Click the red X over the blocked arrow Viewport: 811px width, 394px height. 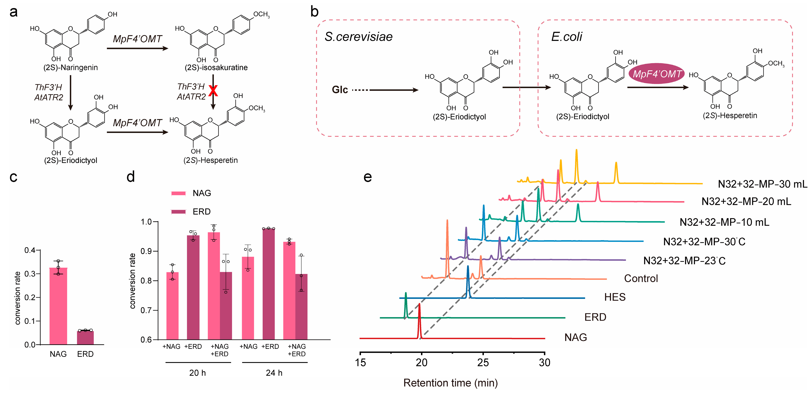click(x=213, y=91)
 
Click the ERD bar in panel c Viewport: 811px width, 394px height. click(x=85, y=338)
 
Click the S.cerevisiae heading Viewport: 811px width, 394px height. click(x=359, y=37)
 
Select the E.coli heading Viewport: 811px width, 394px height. click(x=566, y=37)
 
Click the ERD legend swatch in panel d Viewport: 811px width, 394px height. click(x=178, y=211)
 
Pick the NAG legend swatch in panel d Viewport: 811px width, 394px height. click(x=178, y=193)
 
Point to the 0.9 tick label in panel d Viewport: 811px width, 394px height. click(x=146, y=251)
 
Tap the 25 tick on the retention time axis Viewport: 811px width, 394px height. click(x=483, y=363)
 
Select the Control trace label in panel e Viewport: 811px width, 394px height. click(x=641, y=278)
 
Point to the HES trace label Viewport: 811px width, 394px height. click(x=615, y=297)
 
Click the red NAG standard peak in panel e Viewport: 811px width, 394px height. click(x=419, y=318)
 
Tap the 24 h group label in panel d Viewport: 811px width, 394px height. click(x=274, y=373)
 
